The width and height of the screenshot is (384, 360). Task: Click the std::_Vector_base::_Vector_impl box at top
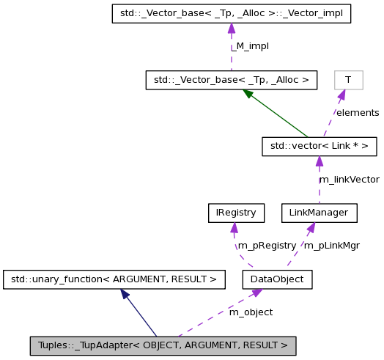pyautogui.click(x=231, y=13)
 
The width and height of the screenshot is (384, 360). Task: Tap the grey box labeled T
pyautogui.click(x=348, y=79)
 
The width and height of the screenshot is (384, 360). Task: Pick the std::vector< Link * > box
pyautogui.click(x=319, y=147)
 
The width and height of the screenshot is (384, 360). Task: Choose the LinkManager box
pyautogui.click(x=319, y=213)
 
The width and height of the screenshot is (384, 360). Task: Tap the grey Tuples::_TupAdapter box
pyautogui.click(x=163, y=345)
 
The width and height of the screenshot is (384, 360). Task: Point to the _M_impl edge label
pyautogui.click(x=250, y=45)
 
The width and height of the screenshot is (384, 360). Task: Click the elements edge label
pyautogui.click(x=357, y=113)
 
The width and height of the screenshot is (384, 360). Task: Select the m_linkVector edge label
pyautogui.click(x=349, y=180)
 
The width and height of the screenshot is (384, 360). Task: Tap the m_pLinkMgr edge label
pyautogui.click(x=331, y=246)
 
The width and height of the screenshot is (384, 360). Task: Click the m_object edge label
pyautogui.click(x=251, y=312)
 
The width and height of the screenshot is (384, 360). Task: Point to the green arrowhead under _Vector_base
pyautogui.click(x=248, y=93)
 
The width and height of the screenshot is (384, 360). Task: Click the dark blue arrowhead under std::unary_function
pyautogui.click(x=125, y=293)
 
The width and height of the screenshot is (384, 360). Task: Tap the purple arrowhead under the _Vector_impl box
pyautogui.click(x=231, y=28)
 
